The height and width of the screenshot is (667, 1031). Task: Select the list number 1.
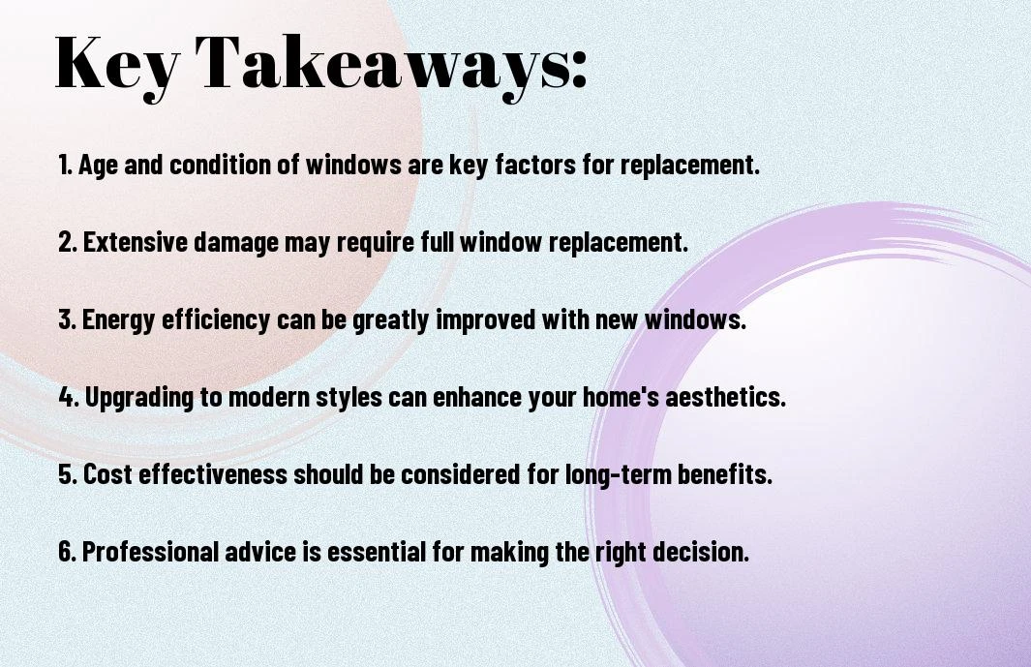coord(65,165)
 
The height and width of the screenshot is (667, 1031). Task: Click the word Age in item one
coord(98,166)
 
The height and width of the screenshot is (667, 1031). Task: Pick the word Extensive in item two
coord(136,242)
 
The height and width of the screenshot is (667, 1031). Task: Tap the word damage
coord(237,243)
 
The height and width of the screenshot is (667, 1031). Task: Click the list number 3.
coord(67,319)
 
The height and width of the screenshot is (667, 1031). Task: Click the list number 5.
coord(67,474)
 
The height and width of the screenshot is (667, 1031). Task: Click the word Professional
coord(150,552)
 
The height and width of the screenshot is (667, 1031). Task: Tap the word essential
coord(377,552)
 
